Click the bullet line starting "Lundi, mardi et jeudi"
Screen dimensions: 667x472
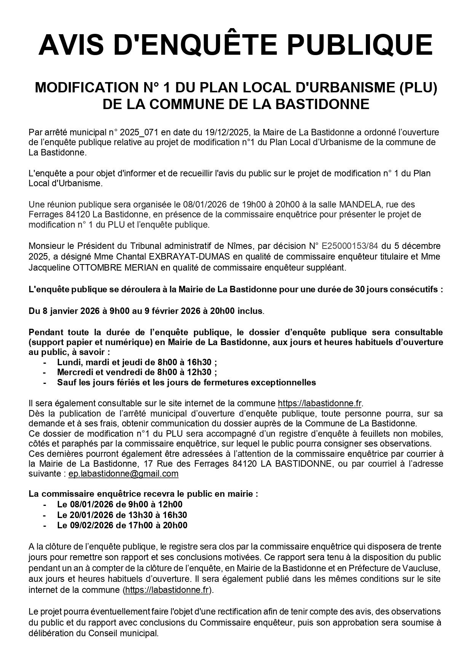click(137, 362)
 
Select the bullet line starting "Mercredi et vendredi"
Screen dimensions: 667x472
click(137, 372)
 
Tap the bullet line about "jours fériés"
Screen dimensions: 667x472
click(187, 382)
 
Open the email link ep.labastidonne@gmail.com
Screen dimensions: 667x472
click(123, 474)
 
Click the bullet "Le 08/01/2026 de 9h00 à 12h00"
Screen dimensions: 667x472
click(120, 504)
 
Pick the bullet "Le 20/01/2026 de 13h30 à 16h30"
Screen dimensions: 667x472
click(122, 515)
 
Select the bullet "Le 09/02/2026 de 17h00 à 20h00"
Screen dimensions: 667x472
click(122, 525)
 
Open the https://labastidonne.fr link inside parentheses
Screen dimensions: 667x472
click(167, 590)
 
